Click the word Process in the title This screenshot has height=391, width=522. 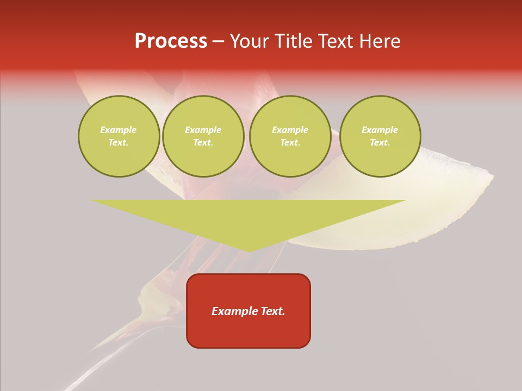(x=171, y=41)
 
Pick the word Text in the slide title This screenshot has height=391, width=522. (x=336, y=41)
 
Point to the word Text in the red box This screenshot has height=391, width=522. (x=272, y=311)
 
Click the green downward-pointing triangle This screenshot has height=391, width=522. (x=248, y=217)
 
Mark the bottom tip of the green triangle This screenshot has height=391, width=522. (x=249, y=251)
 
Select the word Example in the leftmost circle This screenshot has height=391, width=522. (x=119, y=130)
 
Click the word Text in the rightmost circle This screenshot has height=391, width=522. (x=380, y=142)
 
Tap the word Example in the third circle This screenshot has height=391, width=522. (x=290, y=130)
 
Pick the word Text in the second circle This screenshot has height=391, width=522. (x=203, y=142)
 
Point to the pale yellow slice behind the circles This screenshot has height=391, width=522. (x=435, y=206)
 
